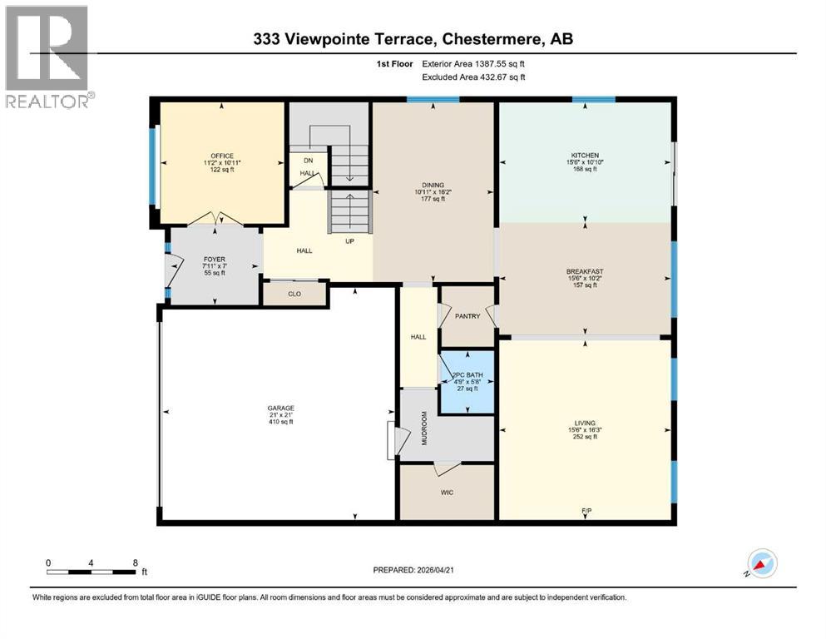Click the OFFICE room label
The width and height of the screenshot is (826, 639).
221,156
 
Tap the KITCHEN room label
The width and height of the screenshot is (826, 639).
584,155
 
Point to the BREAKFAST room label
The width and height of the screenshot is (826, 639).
584,271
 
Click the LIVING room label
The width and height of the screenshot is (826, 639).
584,423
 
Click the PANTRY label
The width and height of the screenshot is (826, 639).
467,316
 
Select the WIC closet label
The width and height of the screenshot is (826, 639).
447,493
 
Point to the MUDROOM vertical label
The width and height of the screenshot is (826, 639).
423,428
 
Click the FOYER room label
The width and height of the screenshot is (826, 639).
214,259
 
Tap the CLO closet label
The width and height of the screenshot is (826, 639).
294,294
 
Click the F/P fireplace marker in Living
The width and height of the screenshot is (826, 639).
586,509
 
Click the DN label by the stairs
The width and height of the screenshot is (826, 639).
307,161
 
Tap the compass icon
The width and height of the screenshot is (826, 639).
761,564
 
